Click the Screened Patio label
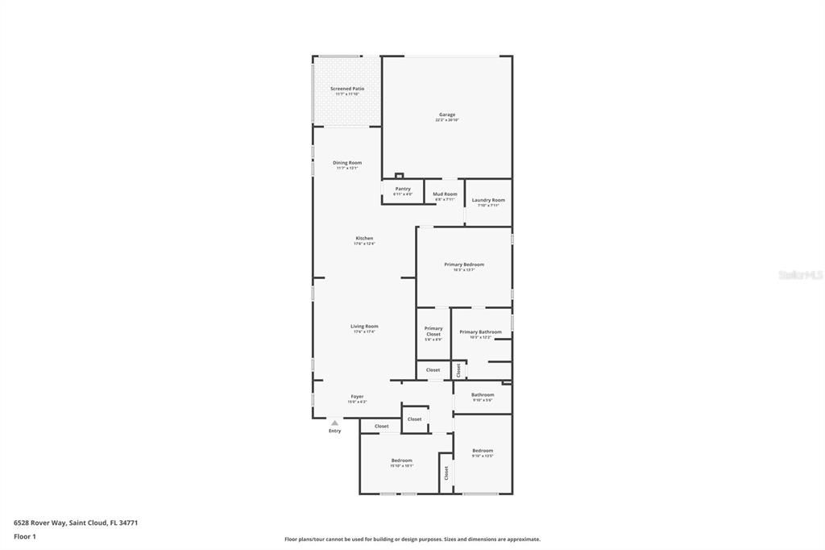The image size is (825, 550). [x=347, y=89]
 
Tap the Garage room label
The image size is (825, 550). [x=447, y=115]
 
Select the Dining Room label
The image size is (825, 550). [x=347, y=163]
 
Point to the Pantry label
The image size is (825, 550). [x=403, y=189]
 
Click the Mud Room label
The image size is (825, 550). [x=445, y=194]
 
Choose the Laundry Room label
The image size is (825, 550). [x=488, y=200]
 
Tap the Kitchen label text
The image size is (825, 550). [x=364, y=238]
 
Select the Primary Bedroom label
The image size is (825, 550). [x=464, y=265]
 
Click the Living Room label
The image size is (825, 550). [x=364, y=326]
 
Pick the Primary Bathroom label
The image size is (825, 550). [x=480, y=331]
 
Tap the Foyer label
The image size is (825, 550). [x=357, y=396]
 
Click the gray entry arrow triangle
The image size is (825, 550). [x=334, y=423]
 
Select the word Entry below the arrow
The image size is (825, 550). [x=334, y=431]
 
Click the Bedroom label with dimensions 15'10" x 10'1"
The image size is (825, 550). [x=401, y=460]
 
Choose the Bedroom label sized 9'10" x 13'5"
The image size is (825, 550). [x=483, y=451]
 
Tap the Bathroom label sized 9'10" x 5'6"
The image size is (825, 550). [x=483, y=395]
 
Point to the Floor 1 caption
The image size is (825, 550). [x=25, y=536]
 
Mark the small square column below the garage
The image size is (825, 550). [x=399, y=176]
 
